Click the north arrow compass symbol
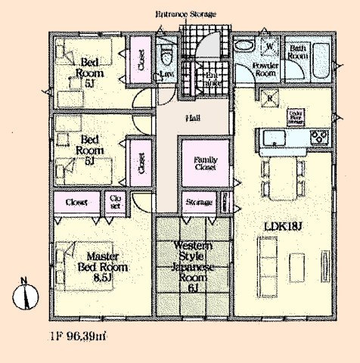(x=23, y=293)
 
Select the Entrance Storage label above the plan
(x=186, y=14)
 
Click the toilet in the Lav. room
(x=166, y=54)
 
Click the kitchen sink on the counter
(x=273, y=137)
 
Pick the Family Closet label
(x=205, y=163)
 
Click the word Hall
(x=194, y=119)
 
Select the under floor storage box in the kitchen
(x=294, y=118)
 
